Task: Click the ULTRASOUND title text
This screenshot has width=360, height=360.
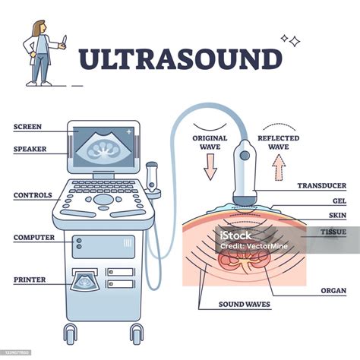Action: pyautogui.click(x=180, y=60)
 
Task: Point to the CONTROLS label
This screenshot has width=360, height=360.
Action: pyautogui.click(x=32, y=195)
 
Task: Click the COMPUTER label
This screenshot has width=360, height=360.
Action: pyautogui.click(x=33, y=238)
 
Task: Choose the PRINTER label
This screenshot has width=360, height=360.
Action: pyautogui.click(x=30, y=279)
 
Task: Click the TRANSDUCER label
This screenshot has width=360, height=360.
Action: pyautogui.click(x=322, y=185)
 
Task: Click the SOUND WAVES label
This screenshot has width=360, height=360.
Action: pyautogui.click(x=233, y=305)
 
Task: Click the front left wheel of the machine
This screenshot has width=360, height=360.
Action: pyautogui.click(x=71, y=333)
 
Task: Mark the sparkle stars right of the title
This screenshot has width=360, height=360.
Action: pyautogui.click(x=289, y=40)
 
